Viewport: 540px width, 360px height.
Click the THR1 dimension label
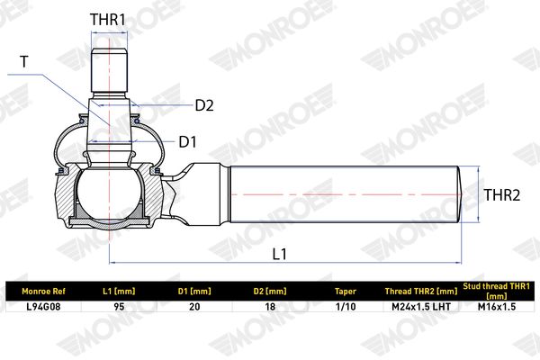108,20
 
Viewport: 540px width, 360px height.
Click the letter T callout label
24,62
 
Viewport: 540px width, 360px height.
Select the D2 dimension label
204,105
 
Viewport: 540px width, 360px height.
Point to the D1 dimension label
187,142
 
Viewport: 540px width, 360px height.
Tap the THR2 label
502,195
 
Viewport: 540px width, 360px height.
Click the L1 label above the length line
279,254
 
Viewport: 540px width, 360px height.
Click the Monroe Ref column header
43,292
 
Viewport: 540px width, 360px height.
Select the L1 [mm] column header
119,292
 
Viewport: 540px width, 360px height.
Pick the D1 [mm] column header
194,292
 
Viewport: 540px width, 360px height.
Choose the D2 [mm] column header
270,292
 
